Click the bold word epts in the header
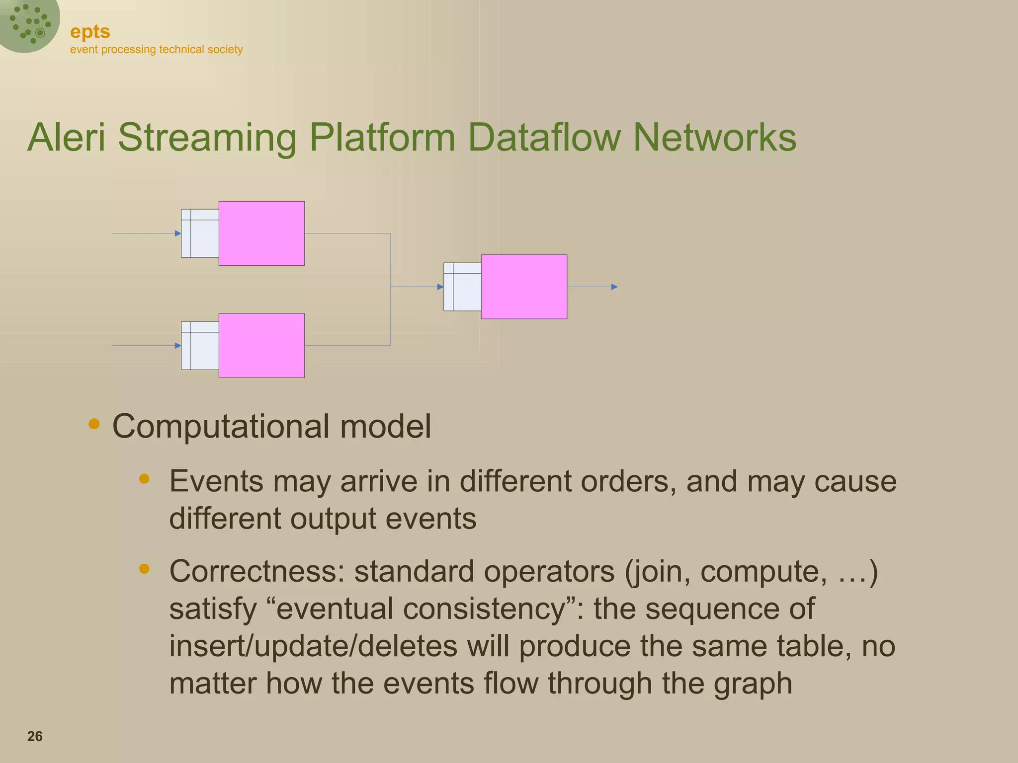tap(90, 32)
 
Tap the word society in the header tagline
tap(225, 50)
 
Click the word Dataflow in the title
tap(544, 138)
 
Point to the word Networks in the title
tap(714, 138)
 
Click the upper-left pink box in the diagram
tap(261, 233)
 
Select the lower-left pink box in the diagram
tap(261, 346)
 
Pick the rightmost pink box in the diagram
tap(524, 287)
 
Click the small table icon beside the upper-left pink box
tap(200, 233)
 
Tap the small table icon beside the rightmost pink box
tap(462, 287)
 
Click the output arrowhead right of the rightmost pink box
tap(614, 287)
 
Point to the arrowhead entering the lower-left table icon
tap(178, 346)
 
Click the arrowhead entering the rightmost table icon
tap(440, 287)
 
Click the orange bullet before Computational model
tap(93, 424)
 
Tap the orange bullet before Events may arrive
tap(144, 479)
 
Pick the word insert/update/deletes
tap(313, 646)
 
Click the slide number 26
tap(35, 736)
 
